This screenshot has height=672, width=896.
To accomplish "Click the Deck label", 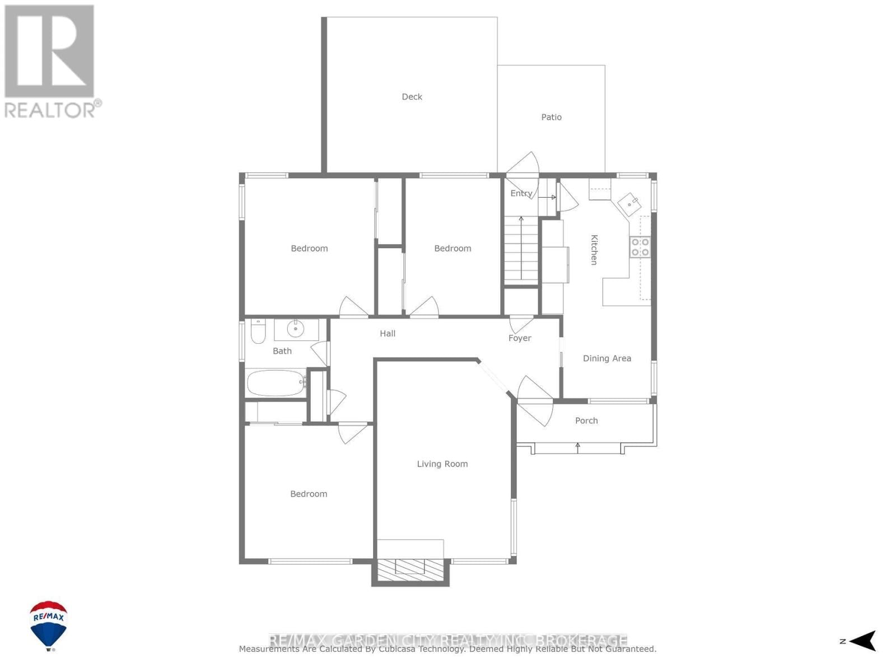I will [412, 97].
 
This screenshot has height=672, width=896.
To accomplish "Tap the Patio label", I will [551, 117].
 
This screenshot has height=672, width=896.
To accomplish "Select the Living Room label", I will [442, 464].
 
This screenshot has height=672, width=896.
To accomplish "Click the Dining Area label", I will [606, 358].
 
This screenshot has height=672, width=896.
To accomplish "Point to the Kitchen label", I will [594, 250].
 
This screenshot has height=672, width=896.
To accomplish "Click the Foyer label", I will [520, 338].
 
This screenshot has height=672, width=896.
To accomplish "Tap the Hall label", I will [388, 334].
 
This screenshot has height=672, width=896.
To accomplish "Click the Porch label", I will [586, 421].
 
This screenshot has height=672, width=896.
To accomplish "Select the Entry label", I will [521, 193].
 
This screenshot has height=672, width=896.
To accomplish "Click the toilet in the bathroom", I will [258, 332].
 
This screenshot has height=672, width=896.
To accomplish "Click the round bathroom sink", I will [295, 329].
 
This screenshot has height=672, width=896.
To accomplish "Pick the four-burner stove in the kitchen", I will [640, 247].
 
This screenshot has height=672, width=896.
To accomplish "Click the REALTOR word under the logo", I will [50, 110].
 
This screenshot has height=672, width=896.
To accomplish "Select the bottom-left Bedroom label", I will [309, 494].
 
